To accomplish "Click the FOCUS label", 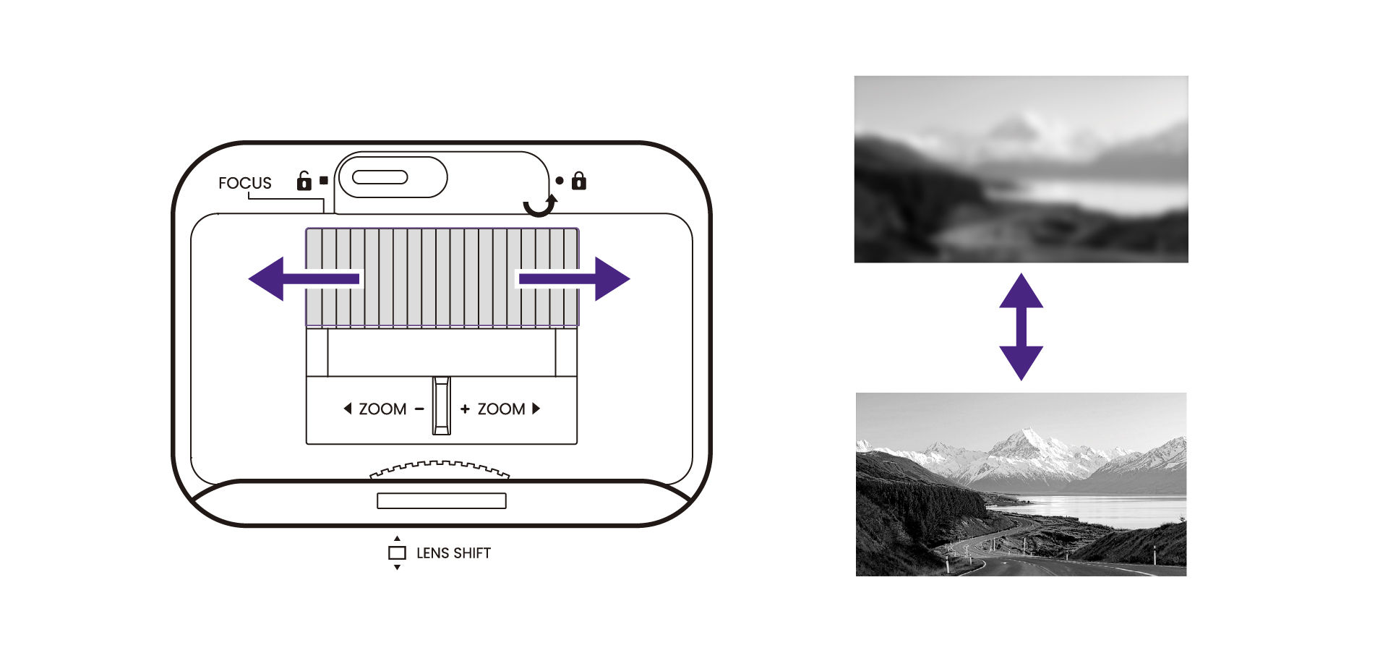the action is pyautogui.click(x=245, y=183).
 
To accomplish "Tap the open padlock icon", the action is pyautogui.click(x=304, y=180).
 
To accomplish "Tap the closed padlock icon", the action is pyautogui.click(x=579, y=180).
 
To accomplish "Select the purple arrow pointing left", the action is pyautogui.click(x=304, y=278).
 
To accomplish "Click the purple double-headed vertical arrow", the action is pyautogui.click(x=1021, y=327).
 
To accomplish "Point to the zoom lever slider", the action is pyautogui.click(x=442, y=406).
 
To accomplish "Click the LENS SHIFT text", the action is pyautogui.click(x=453, y=553).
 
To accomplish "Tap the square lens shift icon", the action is pyautogui.click(x=397, y=552).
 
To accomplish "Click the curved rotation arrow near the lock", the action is pyautogui.click(x=541, y=205).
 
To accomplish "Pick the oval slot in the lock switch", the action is pyautogui.click(x=380, y=177).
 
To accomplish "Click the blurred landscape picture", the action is pyautogui.click(x=1021, y=169).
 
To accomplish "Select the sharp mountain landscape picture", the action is pyautogui.click(x=1021, y=485).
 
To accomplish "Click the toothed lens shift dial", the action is pyautogui.click(x=440, y=470).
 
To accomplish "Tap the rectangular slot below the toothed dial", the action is pyautogui.click(x=442, y=500).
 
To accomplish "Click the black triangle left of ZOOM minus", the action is pyautogui.click(x=348, y=409).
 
